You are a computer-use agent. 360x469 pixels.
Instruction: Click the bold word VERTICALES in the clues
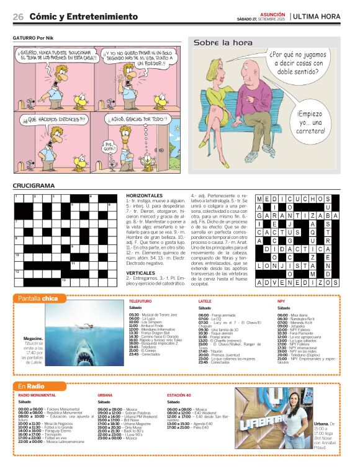click(140, 272)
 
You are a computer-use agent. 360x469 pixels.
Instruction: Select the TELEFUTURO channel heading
click(140, 301)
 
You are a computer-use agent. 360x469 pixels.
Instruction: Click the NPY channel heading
click(281, 301)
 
